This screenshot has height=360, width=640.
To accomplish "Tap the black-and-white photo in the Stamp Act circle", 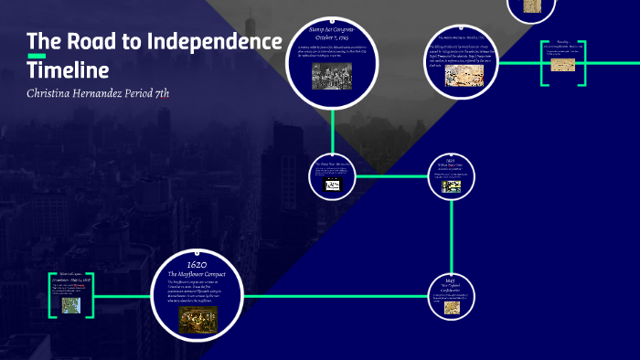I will (x=332, y=78).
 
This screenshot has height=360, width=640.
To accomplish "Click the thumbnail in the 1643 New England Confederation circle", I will (x=451, y=308).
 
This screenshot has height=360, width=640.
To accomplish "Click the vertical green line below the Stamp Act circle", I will (x=332, y=128).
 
